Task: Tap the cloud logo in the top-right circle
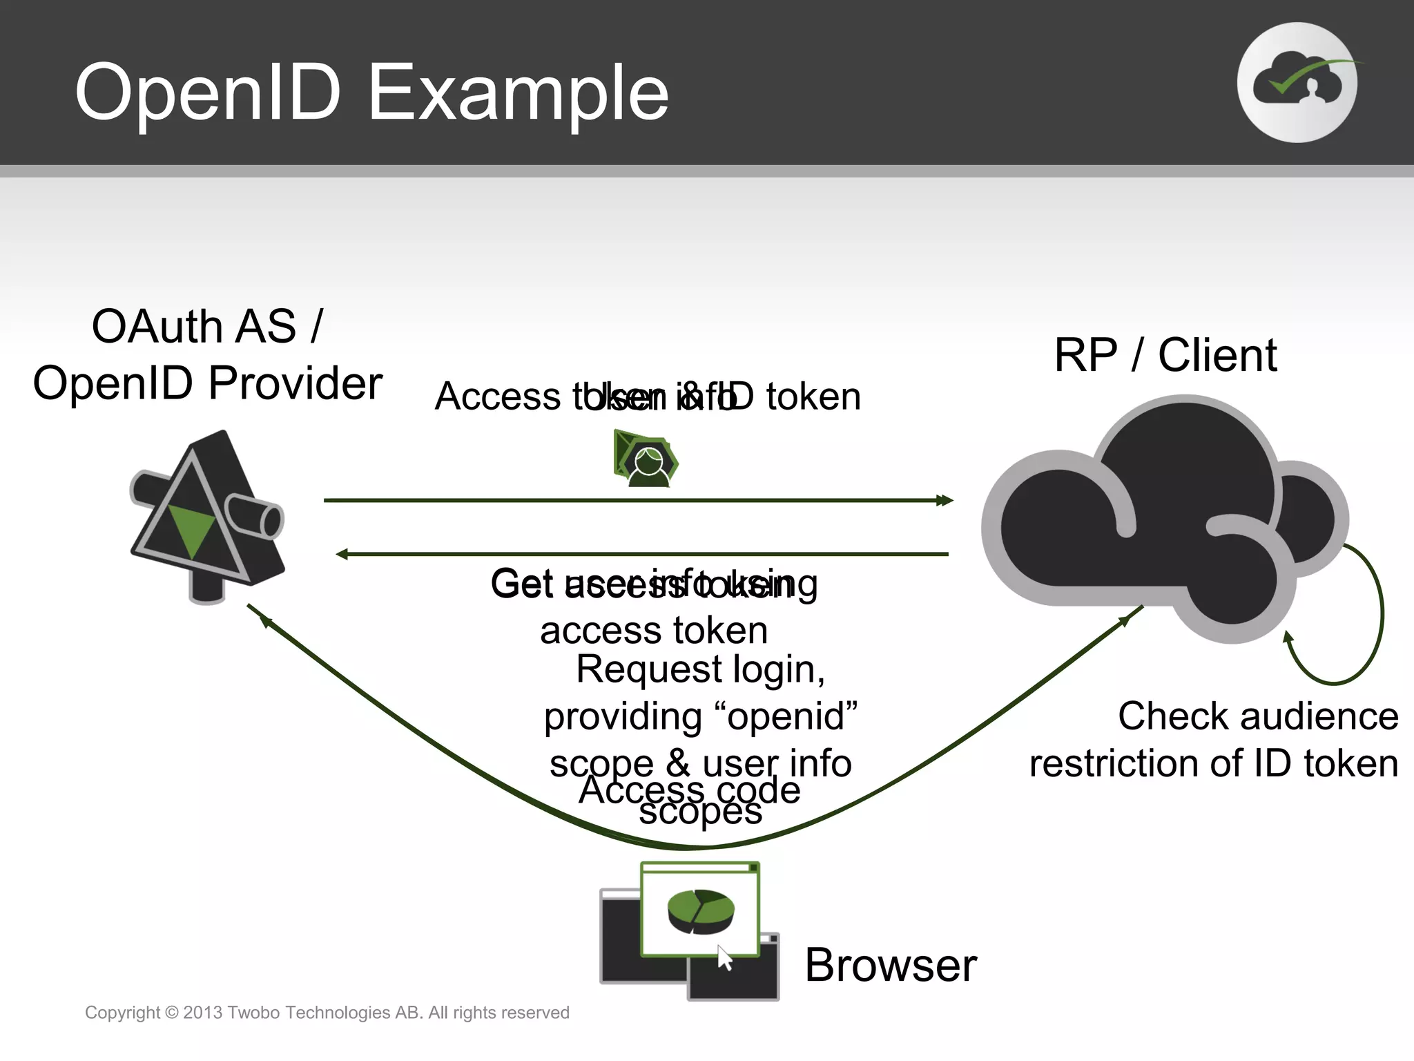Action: point(1297,83)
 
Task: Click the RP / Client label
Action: point(1165,356)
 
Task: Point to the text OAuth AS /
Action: point(207,326)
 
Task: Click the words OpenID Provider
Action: point(207,383)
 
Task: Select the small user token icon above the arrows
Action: point(646,459)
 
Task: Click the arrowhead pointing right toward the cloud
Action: point(945,500)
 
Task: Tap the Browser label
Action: point(891,965)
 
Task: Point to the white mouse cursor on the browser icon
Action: point(724,958)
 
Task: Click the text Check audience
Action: point(1258,716)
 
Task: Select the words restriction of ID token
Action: point(1214,764)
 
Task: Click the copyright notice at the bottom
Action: point(327,1013)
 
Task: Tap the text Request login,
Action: point(700,669)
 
